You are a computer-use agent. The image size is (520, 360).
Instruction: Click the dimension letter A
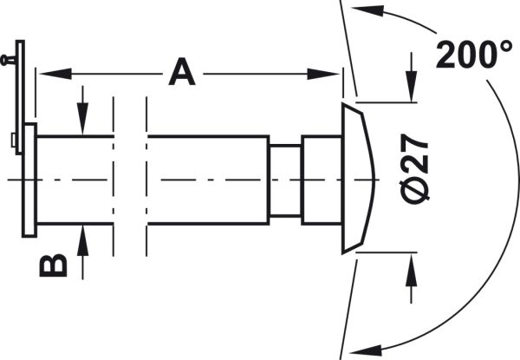click(182, 72)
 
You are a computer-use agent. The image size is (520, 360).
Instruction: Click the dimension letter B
click(53, 265)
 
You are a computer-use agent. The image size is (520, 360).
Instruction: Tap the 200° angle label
click(474, 55)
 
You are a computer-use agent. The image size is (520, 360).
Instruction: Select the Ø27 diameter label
click(415, 169)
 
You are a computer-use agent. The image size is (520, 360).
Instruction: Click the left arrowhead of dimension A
click(55, 74)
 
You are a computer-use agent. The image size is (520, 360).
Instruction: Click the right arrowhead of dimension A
click(323, 74)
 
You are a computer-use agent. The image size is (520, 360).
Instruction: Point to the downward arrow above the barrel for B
click(82, 110)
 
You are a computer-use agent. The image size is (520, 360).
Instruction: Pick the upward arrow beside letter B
click(82, 252)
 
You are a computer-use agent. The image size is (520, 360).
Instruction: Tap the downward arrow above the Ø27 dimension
click(411, 77)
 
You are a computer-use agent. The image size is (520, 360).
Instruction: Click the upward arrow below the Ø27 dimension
click(411, 278)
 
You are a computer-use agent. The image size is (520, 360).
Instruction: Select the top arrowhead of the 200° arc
click(367, 11)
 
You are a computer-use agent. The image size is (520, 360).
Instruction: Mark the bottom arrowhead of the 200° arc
click(366, 350)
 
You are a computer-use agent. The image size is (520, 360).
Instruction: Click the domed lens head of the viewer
click(357, 178)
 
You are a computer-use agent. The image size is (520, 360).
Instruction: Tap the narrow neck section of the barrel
click(285, 180)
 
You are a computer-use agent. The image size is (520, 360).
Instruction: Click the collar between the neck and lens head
click(322, 180)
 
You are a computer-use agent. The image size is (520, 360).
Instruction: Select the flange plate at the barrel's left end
click(29, 180)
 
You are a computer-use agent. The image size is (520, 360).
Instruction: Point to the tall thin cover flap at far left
click(20, 97)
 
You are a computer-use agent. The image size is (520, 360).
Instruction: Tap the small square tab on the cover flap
click(13, 140)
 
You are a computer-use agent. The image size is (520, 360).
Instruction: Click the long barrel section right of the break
click(208, 180)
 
